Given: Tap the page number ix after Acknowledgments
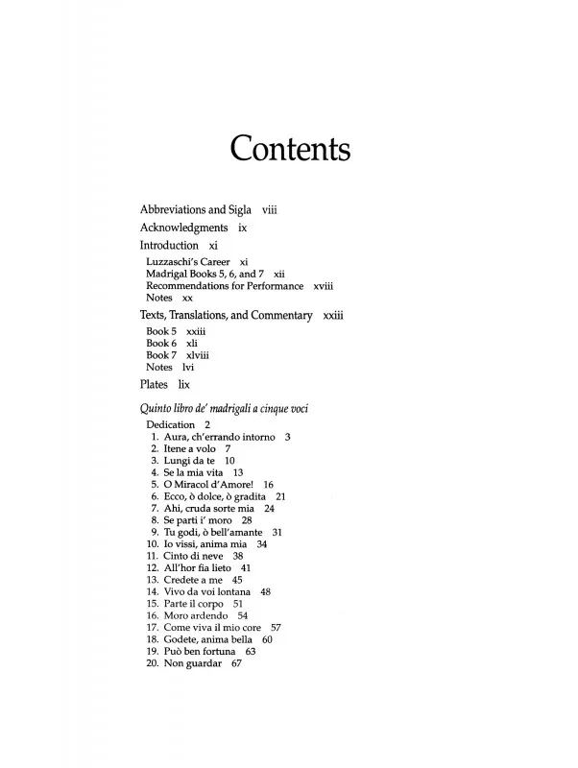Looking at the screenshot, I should click(243, 228).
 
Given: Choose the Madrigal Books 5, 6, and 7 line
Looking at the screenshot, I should click(204, 274).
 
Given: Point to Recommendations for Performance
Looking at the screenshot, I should click(225, 286).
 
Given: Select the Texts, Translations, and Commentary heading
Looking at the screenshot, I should click(227, 315).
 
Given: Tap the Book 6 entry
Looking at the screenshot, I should click(161, 343).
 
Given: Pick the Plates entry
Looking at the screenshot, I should click(155, 385).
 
